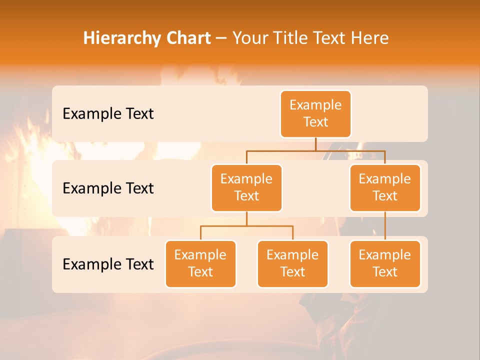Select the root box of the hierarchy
tap(315, 114)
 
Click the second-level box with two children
tap(246, 187)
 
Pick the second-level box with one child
tap(385, 187)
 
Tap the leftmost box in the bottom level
tap(200, 263)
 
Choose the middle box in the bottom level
tap(292, 263)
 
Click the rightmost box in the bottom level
tap(385, 263)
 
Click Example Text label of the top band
tap(108, 114)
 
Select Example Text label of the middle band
tap(108, 188)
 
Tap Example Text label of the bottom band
tap(108, 264)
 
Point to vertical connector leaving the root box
tap(315, 144)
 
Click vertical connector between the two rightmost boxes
tap(385, 225)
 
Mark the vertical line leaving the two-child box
tap(246, 218)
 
